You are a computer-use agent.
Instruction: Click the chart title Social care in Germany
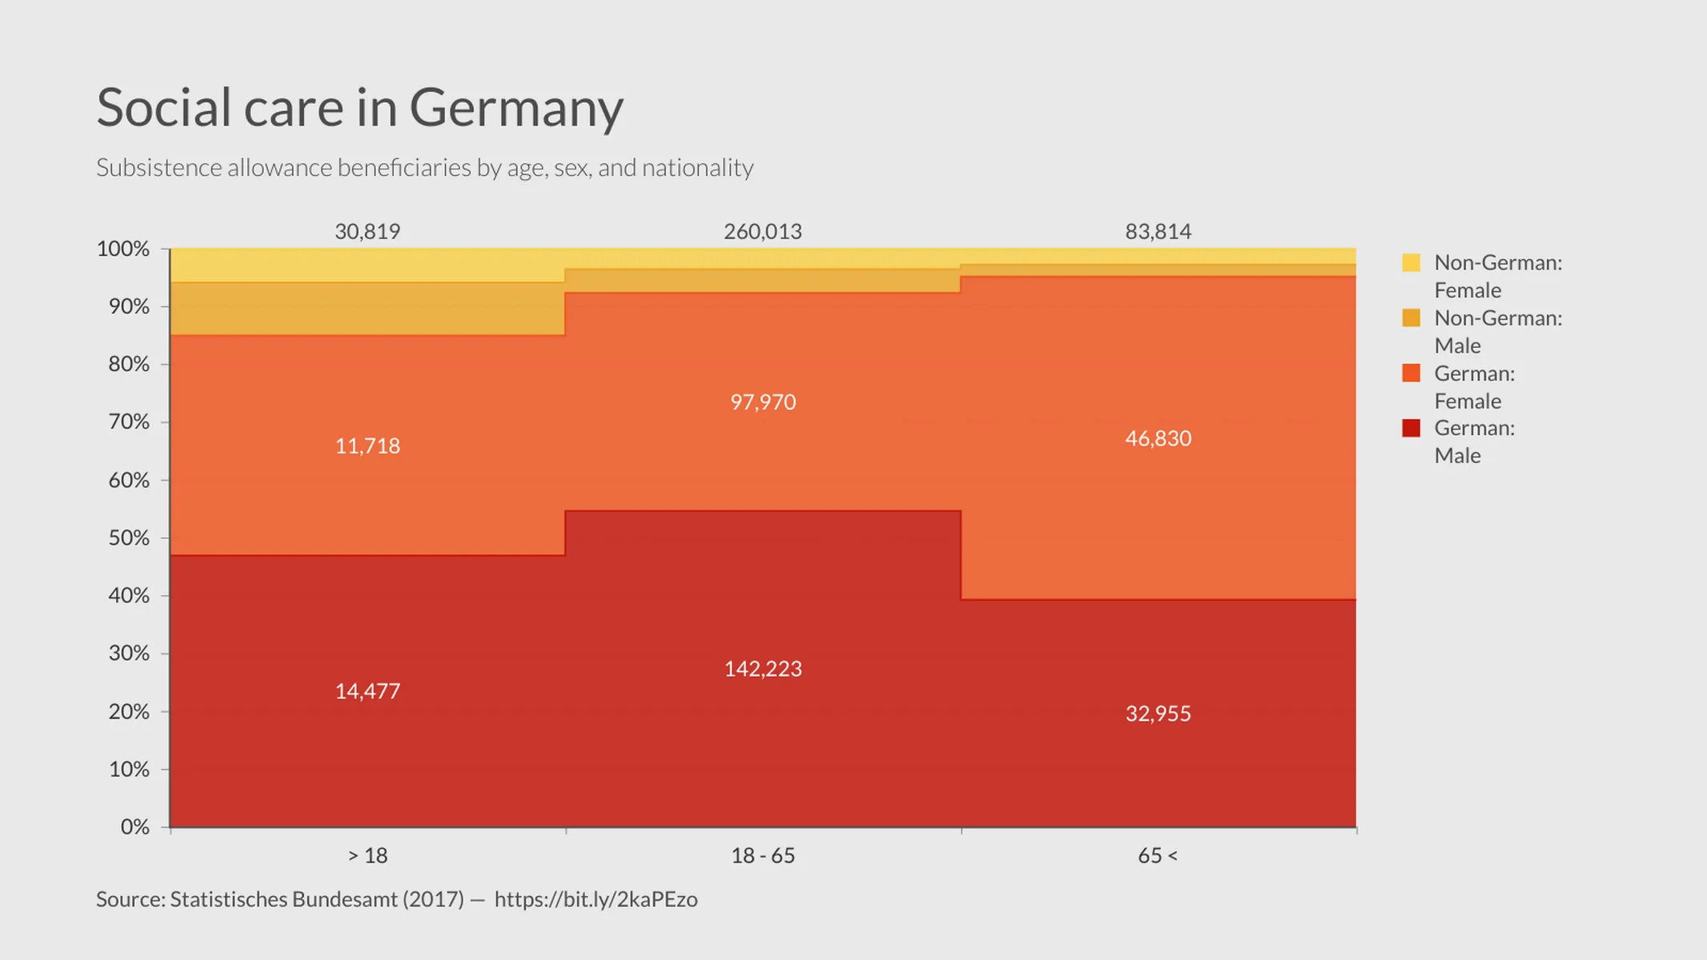point(359,107)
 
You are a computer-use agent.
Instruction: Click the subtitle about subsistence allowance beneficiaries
point(424,168)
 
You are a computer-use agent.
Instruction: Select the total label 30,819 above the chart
point(367,232)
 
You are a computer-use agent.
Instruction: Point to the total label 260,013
point(763,232)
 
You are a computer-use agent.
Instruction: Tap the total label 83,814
point(1158,232)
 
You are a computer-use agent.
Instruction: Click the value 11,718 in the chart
point(367,446)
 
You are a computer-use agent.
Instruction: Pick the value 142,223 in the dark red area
point(763,669)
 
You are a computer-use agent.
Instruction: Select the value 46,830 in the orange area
point(1158,438)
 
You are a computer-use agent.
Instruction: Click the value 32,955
point(1158,714)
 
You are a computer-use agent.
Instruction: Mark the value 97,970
point(763,402)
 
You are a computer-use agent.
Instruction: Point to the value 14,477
point(367,691)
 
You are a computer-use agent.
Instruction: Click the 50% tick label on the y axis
point(129,538)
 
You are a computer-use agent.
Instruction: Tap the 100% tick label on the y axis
point(123,249)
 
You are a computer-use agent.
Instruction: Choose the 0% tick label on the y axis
point(134,826)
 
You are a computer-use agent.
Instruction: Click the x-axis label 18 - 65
point(763,856)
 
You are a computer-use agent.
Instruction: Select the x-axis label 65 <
point(1157,856)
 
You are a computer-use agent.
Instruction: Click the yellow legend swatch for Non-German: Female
point(1411,262)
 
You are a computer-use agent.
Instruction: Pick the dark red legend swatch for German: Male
point(1411,428)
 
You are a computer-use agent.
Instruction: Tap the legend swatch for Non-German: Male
point(1411,318)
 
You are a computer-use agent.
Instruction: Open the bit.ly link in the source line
point(595,899)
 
